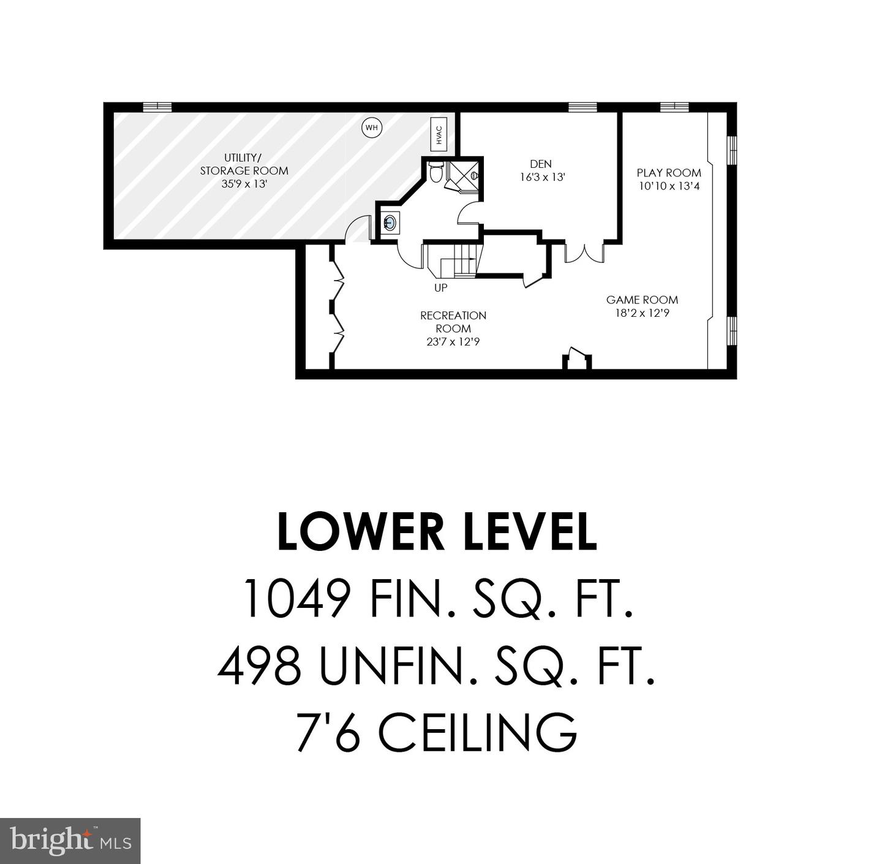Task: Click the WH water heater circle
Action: tap(372, 128)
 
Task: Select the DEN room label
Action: tap(541, 164)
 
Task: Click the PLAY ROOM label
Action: tap(669, 173)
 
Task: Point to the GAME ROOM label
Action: tap(642, 300)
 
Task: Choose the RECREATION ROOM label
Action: tap(453, 322)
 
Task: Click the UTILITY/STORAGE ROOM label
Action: tap(244, 164)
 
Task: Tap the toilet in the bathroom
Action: tap(435, 172)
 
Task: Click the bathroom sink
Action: tap(390, 223)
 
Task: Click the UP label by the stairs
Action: tap(441, 288)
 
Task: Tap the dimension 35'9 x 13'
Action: tap(244, 184)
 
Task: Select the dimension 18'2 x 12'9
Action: tap(643, 314)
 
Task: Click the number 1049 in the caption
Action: tap(298, 599)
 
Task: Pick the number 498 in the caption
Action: tap(259, 667)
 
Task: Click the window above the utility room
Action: tap(157, 107)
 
